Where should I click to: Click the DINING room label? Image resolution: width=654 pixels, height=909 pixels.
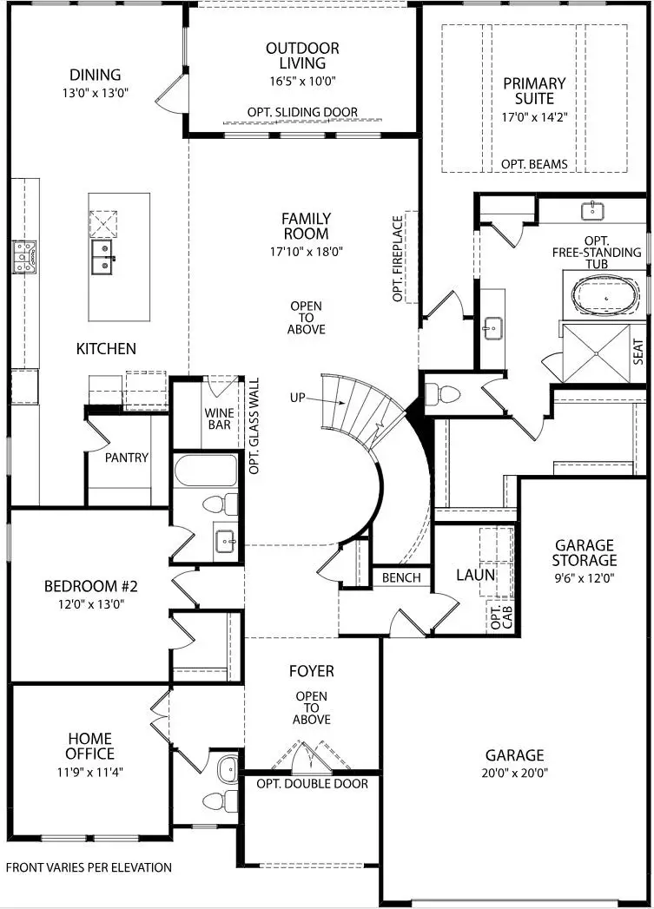96,76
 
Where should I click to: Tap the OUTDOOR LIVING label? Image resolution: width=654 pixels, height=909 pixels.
302,56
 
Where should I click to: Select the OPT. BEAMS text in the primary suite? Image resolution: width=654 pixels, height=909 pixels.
534,164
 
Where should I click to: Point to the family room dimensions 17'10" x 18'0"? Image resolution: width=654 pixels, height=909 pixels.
306,253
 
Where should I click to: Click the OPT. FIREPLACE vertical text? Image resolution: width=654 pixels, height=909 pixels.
399,259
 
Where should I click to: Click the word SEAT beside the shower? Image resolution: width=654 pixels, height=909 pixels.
639,351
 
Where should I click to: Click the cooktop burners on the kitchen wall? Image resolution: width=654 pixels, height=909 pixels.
23,256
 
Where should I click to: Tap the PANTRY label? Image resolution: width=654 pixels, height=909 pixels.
127,458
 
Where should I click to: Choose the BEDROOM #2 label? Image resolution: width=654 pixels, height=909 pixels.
91,586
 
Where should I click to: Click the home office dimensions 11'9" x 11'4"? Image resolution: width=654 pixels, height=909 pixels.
89,769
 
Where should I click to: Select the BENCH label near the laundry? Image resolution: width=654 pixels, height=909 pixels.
400,577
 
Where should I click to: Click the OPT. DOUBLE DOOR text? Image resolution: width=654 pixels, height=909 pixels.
312,784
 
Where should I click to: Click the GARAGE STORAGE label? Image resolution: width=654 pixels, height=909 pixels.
584,553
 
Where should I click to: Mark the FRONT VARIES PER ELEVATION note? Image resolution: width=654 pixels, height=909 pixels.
89,867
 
